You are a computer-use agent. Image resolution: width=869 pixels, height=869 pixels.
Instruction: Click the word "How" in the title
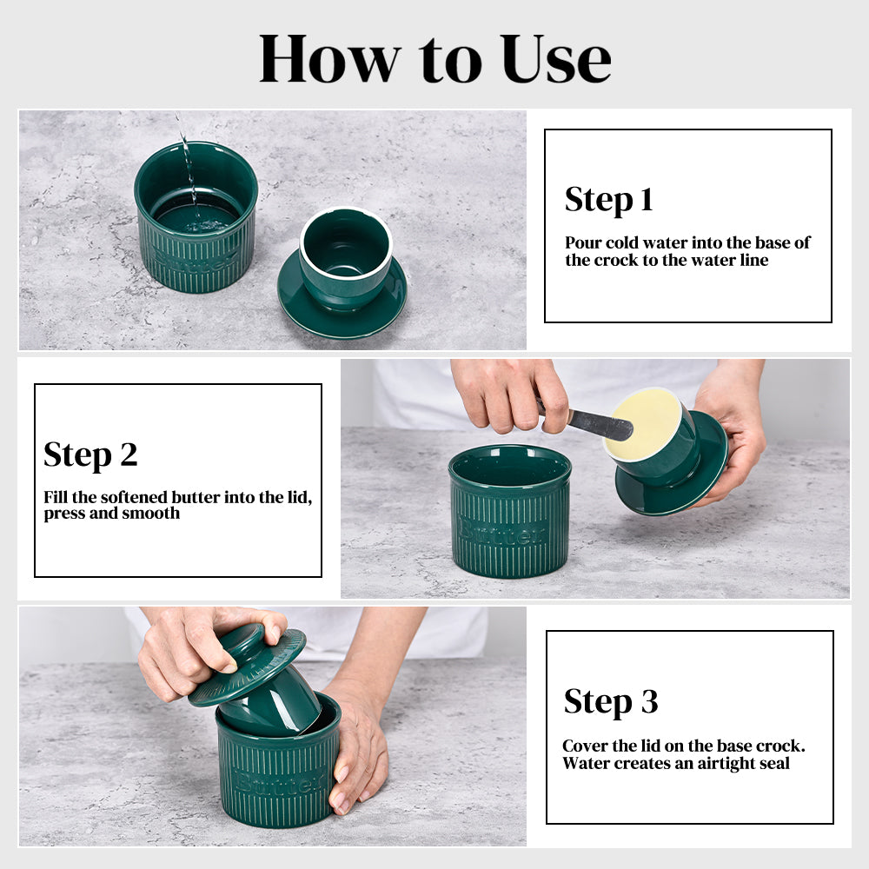329,59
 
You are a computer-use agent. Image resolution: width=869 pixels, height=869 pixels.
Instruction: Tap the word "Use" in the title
555,59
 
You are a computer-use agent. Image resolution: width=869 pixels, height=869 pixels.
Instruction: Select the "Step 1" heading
608,200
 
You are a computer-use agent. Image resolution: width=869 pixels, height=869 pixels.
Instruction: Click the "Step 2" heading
90,455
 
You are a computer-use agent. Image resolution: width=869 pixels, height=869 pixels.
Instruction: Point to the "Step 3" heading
611,701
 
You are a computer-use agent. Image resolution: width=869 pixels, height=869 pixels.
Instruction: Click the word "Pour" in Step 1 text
583,242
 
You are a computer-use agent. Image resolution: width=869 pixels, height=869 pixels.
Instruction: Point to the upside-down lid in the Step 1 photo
342,273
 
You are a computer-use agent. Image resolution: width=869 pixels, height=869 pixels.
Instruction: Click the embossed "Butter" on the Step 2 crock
502,532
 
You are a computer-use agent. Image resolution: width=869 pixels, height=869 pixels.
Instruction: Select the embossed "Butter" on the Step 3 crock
279,782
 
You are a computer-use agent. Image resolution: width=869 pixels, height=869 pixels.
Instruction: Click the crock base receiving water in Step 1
196,216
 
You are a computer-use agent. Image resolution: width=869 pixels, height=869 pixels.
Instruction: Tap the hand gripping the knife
508,395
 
